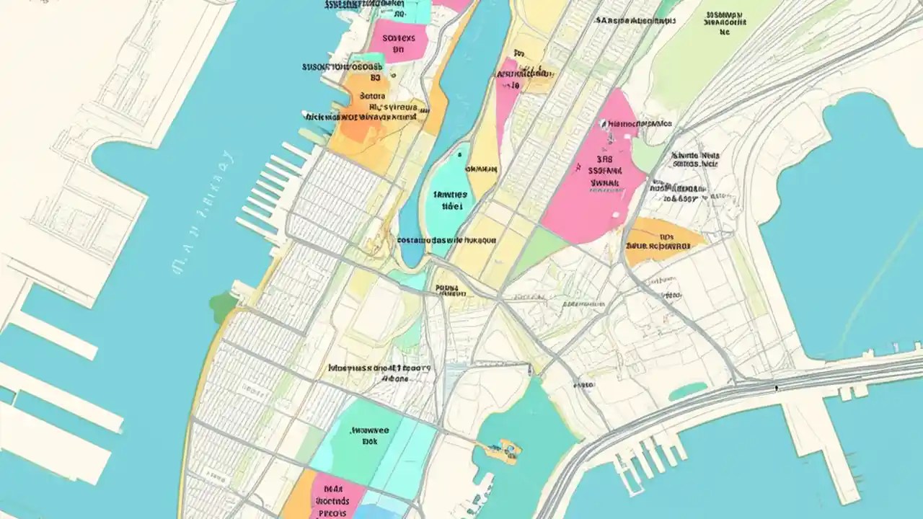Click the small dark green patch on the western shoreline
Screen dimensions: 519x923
(x=222, y=307)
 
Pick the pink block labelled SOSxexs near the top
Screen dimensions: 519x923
(x=399, y=41)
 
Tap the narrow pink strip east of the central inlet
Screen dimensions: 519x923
(x=507, y=94)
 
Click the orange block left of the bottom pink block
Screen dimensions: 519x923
(x=298, y=497)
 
